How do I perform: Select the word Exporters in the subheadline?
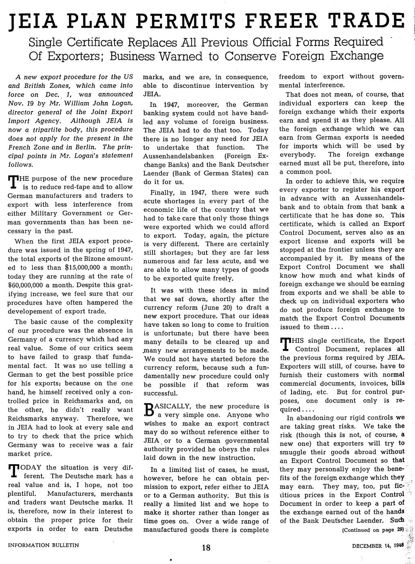tap(74, 56)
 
